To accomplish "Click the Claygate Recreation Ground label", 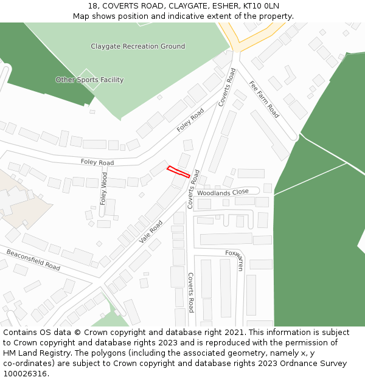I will tap(137, 46).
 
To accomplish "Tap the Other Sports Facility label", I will tap(89, 80).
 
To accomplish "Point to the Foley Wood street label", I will tap(104, 188).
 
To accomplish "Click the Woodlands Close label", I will tap(223, 193).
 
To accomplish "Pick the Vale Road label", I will tap(151, 231).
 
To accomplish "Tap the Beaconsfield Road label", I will tap(33, 260).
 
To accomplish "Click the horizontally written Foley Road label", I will tap(97, 162).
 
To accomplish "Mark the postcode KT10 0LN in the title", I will tap(261, 5).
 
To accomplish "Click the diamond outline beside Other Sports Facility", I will tap(89, 80).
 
